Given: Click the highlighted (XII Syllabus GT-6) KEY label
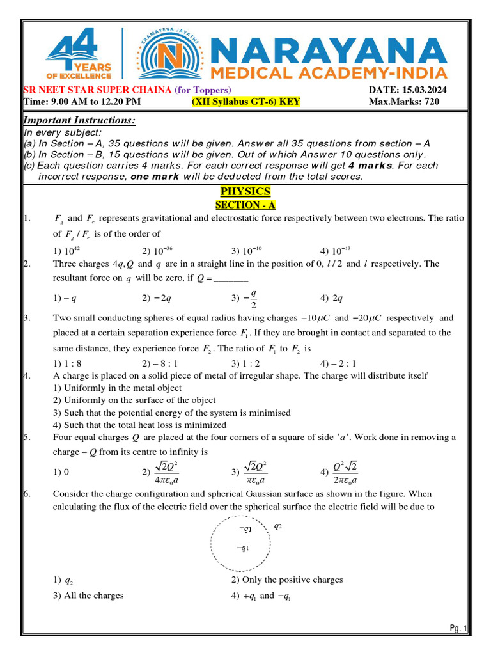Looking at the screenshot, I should [246, 101].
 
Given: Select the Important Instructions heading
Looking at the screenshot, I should [79, 122].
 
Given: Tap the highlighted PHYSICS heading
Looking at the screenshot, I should [245, 191].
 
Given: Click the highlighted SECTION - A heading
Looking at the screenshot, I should [245, 205].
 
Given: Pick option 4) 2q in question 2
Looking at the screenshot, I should [332, 297].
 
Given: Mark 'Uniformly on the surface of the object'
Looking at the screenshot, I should [134, 400].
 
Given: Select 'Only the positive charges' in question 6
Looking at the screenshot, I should [286, 580].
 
